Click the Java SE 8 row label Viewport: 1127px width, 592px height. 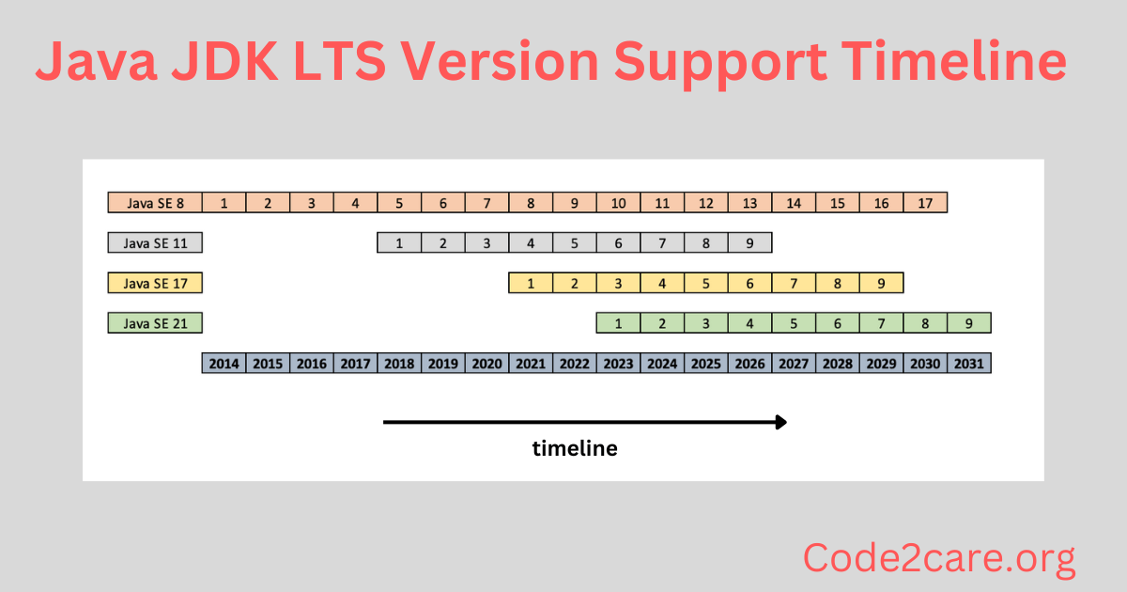[x=155, y=202]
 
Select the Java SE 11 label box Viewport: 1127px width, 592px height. [x=155, y=242]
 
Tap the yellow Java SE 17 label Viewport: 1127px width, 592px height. [x=155, y=283]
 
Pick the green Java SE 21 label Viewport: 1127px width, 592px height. [x=155, y=323]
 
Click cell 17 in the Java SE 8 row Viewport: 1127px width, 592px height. [x=925, y=202]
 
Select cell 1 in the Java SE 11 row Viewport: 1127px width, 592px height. [x=399, y=242]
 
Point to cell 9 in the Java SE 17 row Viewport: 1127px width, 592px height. [x=881, y=283]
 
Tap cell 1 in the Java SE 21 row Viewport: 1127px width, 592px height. [x=618, y=323]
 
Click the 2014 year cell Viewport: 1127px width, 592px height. [x=224, y=363]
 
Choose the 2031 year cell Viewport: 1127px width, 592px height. [x=969, y=363]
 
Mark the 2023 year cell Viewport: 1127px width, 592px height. [x=618, y=363]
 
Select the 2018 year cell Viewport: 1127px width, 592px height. [x=399, y=363]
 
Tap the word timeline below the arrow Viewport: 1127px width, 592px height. [x=575, y=448]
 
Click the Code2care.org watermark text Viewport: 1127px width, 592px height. [x=939, y=559]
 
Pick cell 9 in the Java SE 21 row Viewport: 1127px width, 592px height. [x=969, y=323]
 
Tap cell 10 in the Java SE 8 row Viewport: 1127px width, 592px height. [x=618, y=202]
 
